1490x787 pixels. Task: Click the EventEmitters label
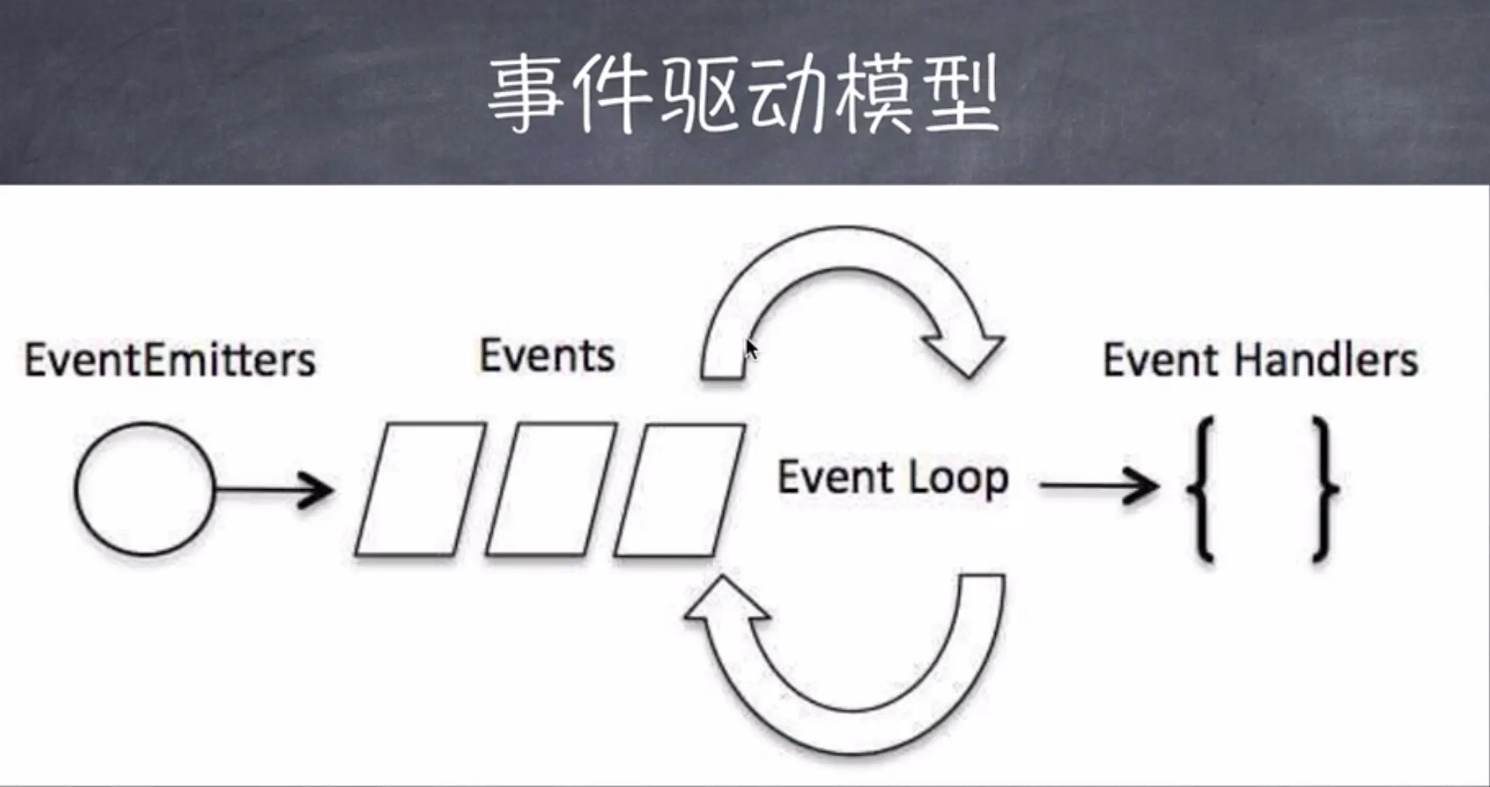(170, 360)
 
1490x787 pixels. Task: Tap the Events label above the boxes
(547, 356)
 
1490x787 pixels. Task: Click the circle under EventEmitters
(144, 489)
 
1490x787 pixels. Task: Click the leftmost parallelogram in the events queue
(420, 489)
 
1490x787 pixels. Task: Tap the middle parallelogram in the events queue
(550, 489)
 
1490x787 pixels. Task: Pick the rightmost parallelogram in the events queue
(680, 489)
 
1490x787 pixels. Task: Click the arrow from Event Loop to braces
(1098, 486)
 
